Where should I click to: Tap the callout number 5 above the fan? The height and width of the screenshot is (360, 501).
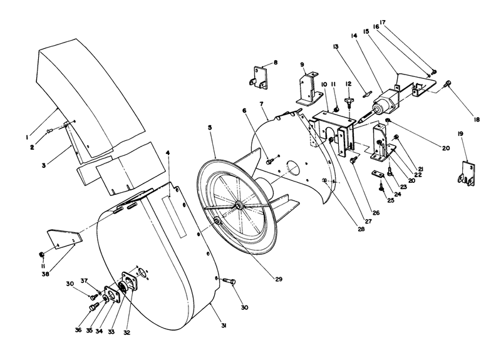tap(210, 127)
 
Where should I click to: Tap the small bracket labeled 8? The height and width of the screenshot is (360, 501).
tap(259, 77)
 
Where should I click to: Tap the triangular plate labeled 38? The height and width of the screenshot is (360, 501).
tap(63, 240)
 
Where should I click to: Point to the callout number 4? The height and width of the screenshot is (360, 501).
tap(168, 152)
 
